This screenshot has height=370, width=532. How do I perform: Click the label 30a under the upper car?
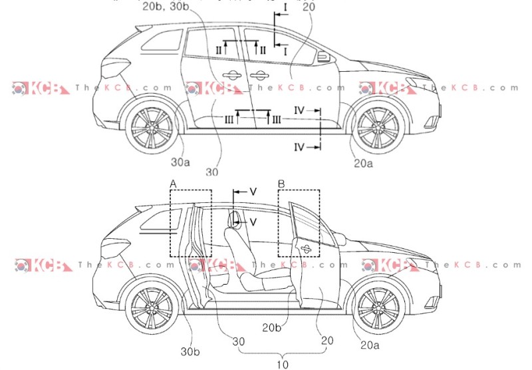[179, 161]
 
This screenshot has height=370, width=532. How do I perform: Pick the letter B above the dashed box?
[281, 183]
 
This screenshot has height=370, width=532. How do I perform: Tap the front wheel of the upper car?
[378, 126]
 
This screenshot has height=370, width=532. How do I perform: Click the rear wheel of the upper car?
[152, 126]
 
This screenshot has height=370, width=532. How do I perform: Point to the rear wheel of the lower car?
[152, 307]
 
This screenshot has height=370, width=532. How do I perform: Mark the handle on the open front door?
[305, 248]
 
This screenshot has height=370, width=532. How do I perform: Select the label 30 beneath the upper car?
[212, 172]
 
